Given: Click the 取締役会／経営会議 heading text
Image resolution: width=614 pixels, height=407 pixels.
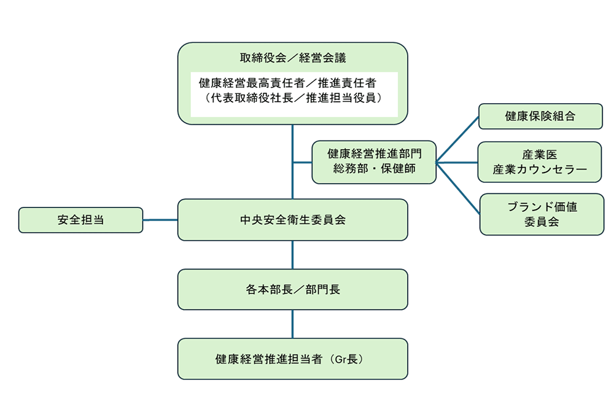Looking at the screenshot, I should pyautogui.click(x=293, y=59).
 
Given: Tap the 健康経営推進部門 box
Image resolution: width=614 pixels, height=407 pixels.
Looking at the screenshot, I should pyautogui.click(x=374, y=162).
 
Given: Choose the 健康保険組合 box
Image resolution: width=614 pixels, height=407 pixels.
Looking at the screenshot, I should pyautogui.click(x=540, y=116).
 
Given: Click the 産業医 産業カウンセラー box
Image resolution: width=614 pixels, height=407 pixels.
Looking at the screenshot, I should pyautogui.click(x=539, y=162).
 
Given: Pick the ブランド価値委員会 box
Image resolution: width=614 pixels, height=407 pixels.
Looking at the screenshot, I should pyautogui.click(x=541, y=214).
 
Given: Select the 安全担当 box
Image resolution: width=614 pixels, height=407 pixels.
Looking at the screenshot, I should pyautogui.click(x=80, y=220).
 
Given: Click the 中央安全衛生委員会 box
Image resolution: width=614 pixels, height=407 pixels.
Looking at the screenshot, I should pyautogui.click(x=292, y=220).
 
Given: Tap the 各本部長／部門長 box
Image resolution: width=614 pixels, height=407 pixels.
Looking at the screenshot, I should pyautogui.click(x=292, y=289).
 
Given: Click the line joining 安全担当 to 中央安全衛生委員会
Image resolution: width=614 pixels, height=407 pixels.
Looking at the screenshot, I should pyautogui.click(x=160, y=220).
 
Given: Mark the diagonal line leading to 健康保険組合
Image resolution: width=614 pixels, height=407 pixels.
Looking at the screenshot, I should pyautogui.click(x=458, y=139).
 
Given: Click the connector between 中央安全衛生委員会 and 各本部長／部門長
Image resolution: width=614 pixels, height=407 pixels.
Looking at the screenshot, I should pyautogui.click(x=292, y=255).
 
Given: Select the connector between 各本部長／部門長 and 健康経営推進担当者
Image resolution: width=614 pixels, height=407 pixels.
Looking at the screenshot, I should pyautogui.click(x=292, y=324).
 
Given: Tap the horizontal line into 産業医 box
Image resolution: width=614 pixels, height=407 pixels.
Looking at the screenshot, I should pyautogui.click(x=457, y=163).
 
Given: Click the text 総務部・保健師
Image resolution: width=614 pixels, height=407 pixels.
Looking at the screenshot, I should pyautogui.click(x=374, y=169).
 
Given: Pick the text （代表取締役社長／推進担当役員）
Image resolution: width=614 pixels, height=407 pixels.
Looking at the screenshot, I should pyautogui.click(x=293, y=97).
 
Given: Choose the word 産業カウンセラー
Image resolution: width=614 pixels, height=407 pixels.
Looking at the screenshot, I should pyautogui.click(x=540, y=169).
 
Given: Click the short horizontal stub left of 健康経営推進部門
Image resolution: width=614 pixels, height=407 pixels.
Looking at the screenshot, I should pyautogui.click(x=302, y=163).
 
